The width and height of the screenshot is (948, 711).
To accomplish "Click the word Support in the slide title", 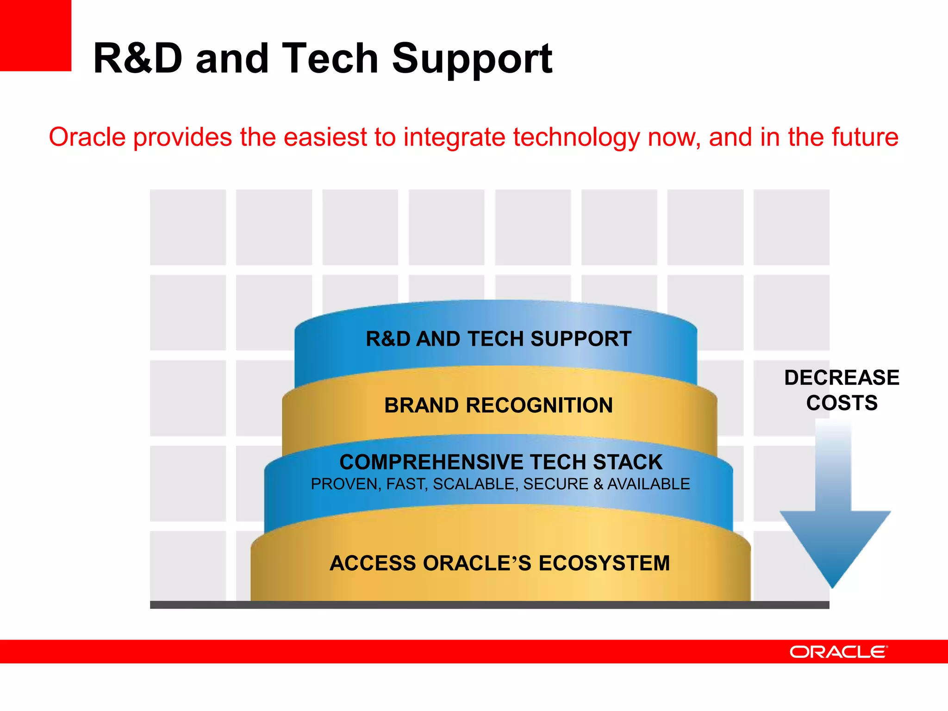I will coord(472,59).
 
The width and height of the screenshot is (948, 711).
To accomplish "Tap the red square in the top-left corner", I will coord(35,35).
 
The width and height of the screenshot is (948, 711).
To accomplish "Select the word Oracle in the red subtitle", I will coord(87,137).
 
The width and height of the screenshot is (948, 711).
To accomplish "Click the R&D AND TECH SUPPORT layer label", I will coord(499,339).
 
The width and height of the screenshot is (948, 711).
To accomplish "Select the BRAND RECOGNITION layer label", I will coord(499,405).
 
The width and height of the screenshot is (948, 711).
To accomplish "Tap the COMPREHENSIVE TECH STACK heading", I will coord(501,462).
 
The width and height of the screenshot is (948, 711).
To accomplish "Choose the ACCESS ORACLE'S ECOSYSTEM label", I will coord(499,563).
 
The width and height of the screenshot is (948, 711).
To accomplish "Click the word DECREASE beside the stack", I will coord(842,378).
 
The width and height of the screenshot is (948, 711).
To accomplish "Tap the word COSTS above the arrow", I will coord(842,403).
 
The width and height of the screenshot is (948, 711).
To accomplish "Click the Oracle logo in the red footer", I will coord(838,652).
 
